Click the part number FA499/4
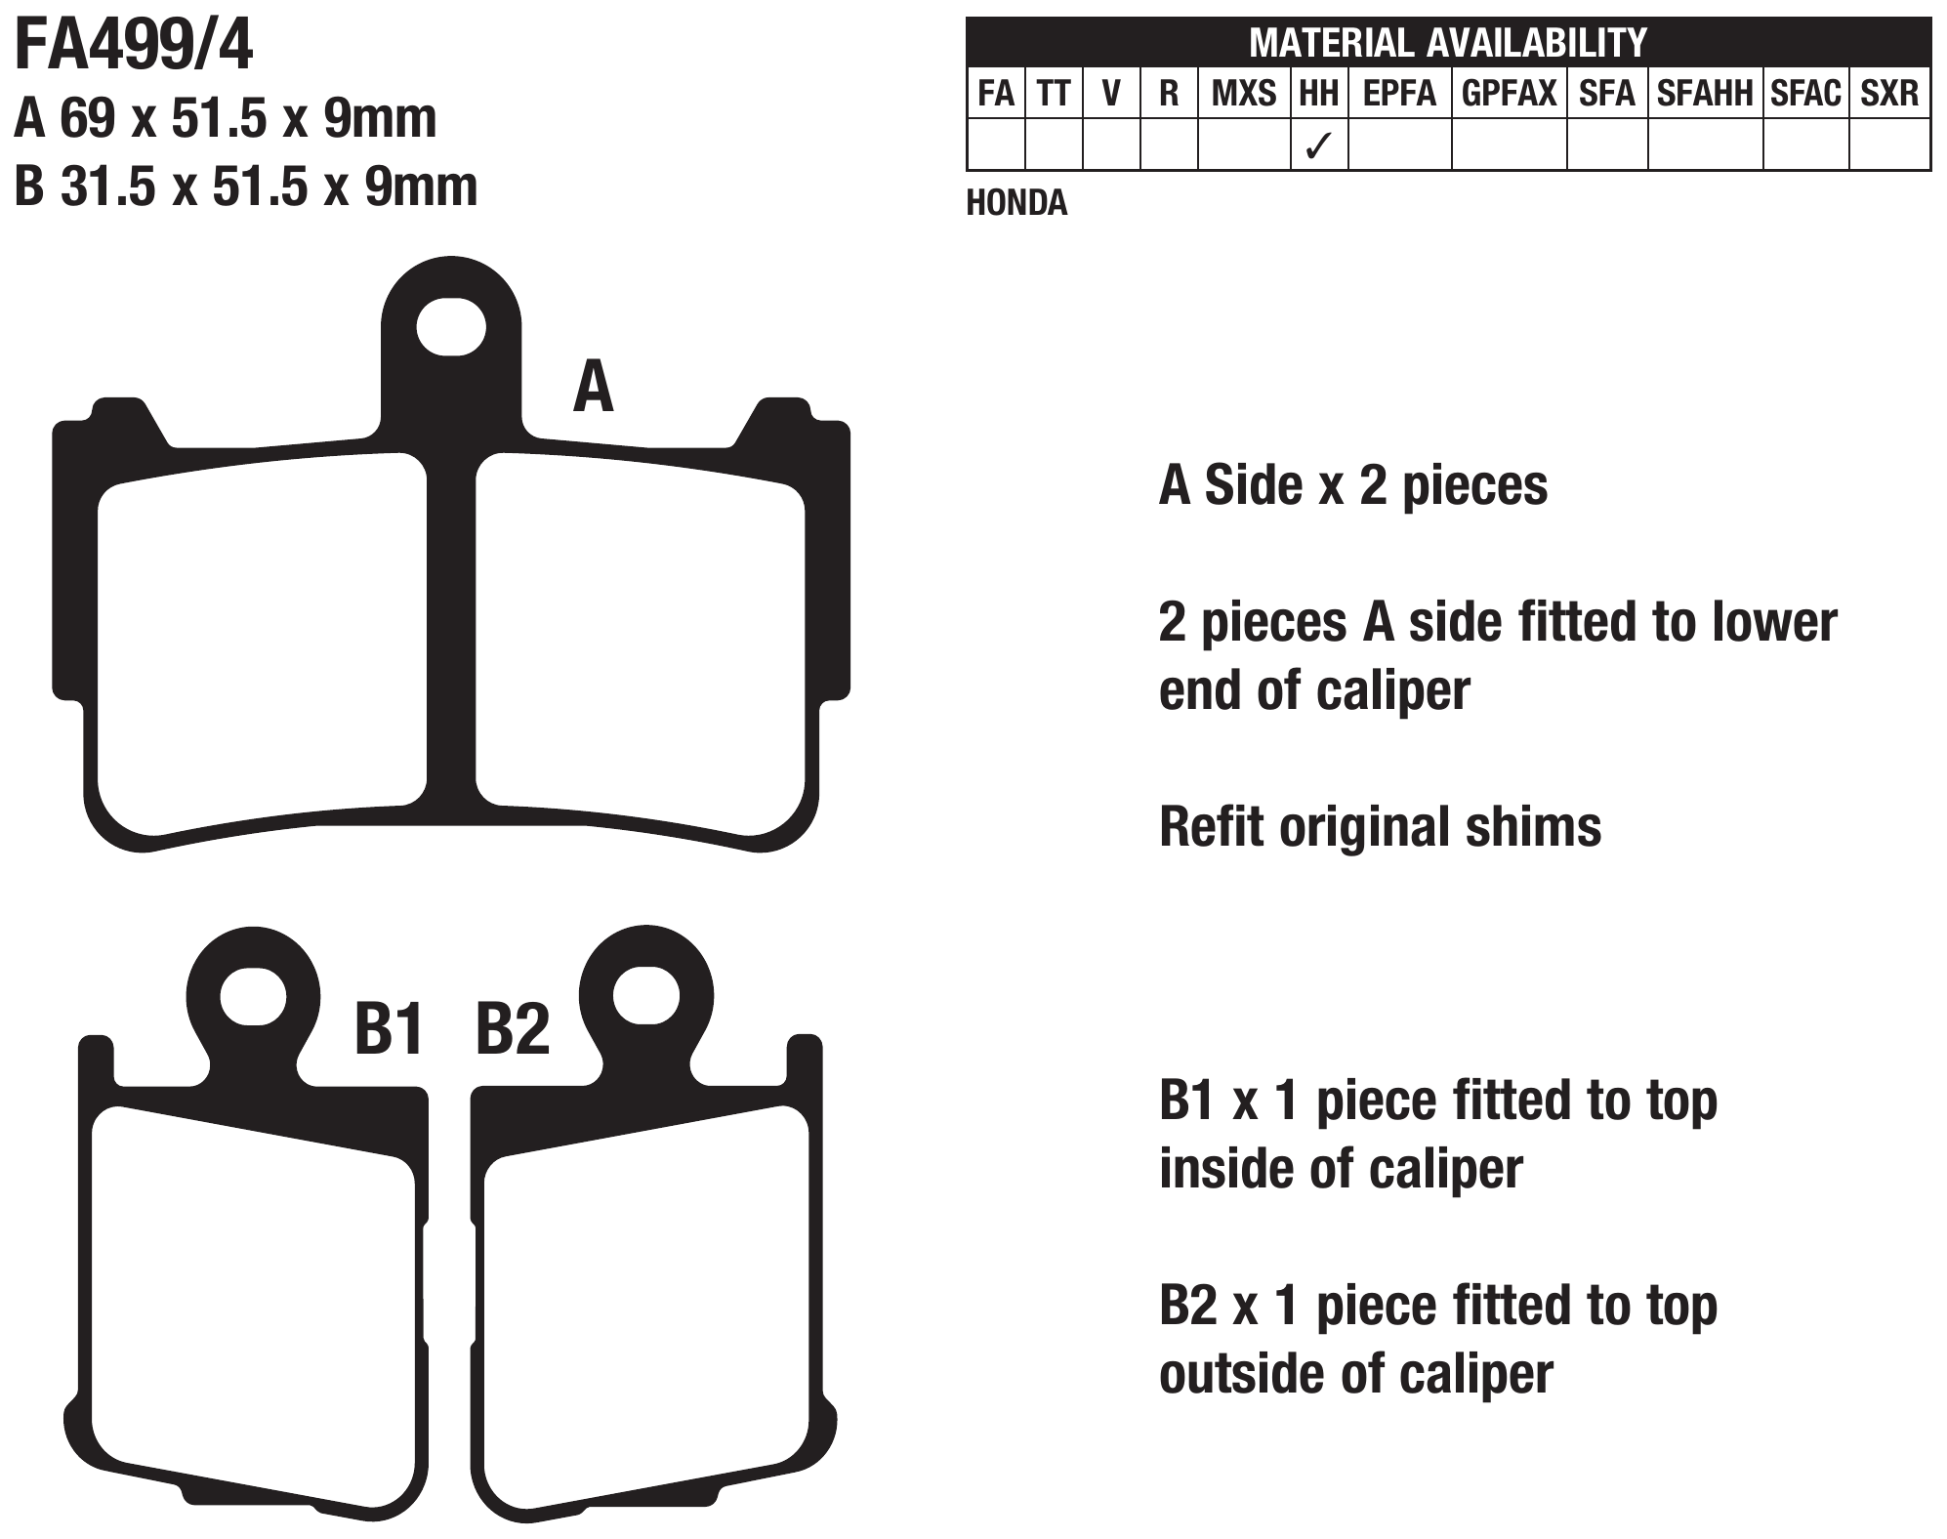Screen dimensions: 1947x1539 click(134, 46)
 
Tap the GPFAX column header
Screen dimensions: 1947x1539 click(1509, 93)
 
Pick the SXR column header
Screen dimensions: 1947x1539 click(1889, 93)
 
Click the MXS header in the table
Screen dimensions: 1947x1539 click(1243, 93)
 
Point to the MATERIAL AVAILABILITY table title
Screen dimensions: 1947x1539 click(1448, 42)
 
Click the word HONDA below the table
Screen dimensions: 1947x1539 click(1016, 202)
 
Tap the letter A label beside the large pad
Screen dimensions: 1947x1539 click(593, 387)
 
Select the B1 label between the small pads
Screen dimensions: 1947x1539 click(389, 1028)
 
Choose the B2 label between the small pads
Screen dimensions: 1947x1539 click(513, 1028)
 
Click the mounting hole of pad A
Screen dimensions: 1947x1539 click(450, 327)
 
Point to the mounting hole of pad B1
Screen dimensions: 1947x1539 click(254, 997)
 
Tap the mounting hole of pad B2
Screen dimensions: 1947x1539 click(645, 995)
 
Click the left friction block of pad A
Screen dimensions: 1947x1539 click(263, 645)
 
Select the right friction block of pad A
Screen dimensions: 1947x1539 click(641, 645)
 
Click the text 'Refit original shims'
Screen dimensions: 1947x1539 click(1380, 827)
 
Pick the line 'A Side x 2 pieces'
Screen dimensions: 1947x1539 click(1353, 485)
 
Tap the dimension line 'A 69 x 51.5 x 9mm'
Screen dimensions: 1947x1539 click(226, 118)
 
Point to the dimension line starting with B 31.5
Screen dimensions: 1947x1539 click(246, 187)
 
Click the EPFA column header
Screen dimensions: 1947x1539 click(1399, 93)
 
